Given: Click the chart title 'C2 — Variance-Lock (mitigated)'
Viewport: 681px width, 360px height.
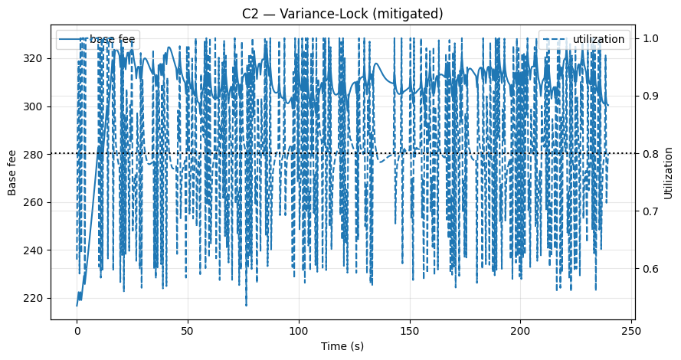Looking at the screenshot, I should pyautogui.click(x=340, y=14).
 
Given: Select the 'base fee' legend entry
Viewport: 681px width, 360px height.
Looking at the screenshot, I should pyautogui.click(x=106, y=39).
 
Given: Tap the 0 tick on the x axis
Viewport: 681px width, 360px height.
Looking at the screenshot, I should pyautogui.click(x=77, y=329).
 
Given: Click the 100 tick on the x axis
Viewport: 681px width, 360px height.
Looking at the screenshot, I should pyautogui.click(x=299, y=329).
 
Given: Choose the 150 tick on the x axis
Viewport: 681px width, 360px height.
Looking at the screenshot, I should pyautogui.click(x=410, y=329).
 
